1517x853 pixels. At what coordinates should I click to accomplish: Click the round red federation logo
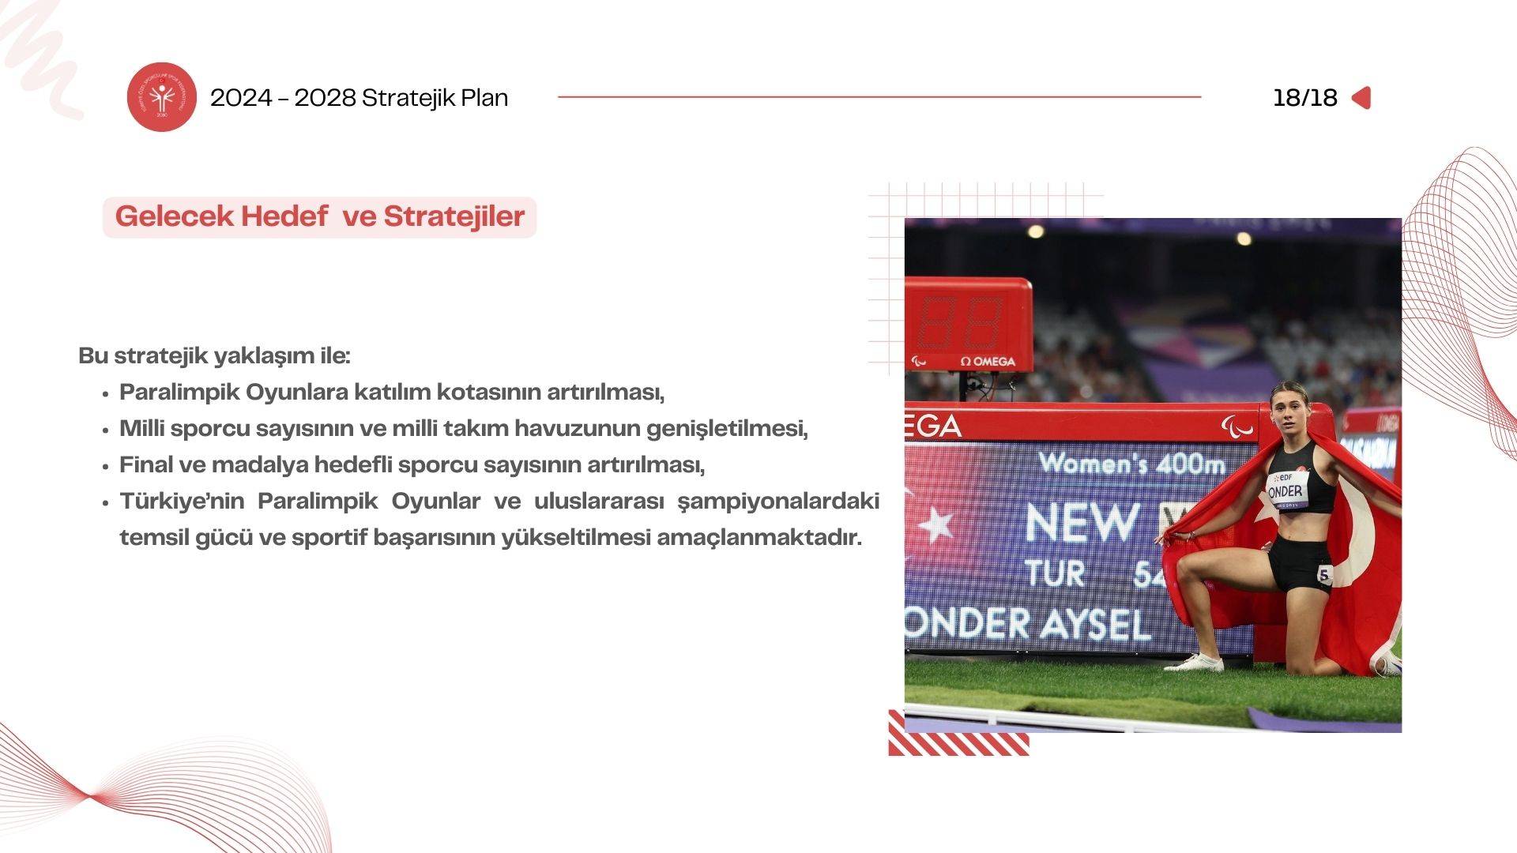pos(162,97)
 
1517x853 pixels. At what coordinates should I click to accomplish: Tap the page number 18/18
pos(1304,98)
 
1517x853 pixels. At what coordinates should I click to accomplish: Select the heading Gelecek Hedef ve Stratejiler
pos(320,216)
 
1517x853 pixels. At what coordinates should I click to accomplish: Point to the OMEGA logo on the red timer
pos(988,361)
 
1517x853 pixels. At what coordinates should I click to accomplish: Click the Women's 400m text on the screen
pos(1131,464)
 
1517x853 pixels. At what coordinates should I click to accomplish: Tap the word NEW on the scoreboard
pos(1082,522)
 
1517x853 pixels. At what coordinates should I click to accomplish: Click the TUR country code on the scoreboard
pos(1055,573)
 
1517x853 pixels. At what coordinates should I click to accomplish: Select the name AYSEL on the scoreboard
pos(1094,625)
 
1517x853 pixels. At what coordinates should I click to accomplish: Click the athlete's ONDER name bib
pos(1288,490)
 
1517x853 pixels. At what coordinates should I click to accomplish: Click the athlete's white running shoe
pos(1194,663)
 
